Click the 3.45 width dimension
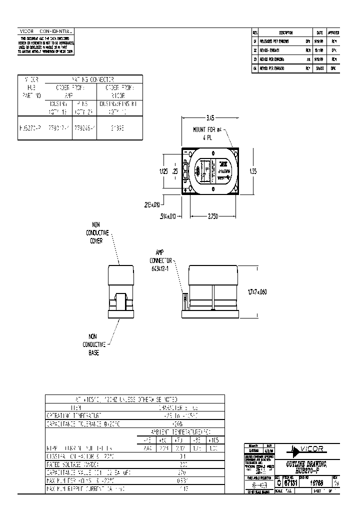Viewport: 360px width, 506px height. pyautogui.click(x=210, y=118)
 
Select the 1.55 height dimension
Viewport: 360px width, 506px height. pyautogui.click(x=253, y=171)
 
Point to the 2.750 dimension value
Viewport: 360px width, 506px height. pyautogui.click(x=214, y=215)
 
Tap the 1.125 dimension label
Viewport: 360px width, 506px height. pyautogui.click(x=164, y=170)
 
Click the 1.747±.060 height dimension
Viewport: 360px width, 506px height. pyautogui.click(x=256, y=292)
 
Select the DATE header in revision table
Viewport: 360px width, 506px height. pyautogui.click(x=319, y=31)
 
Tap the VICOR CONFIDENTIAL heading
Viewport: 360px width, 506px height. pyautogui.click(x=46, y=31)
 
